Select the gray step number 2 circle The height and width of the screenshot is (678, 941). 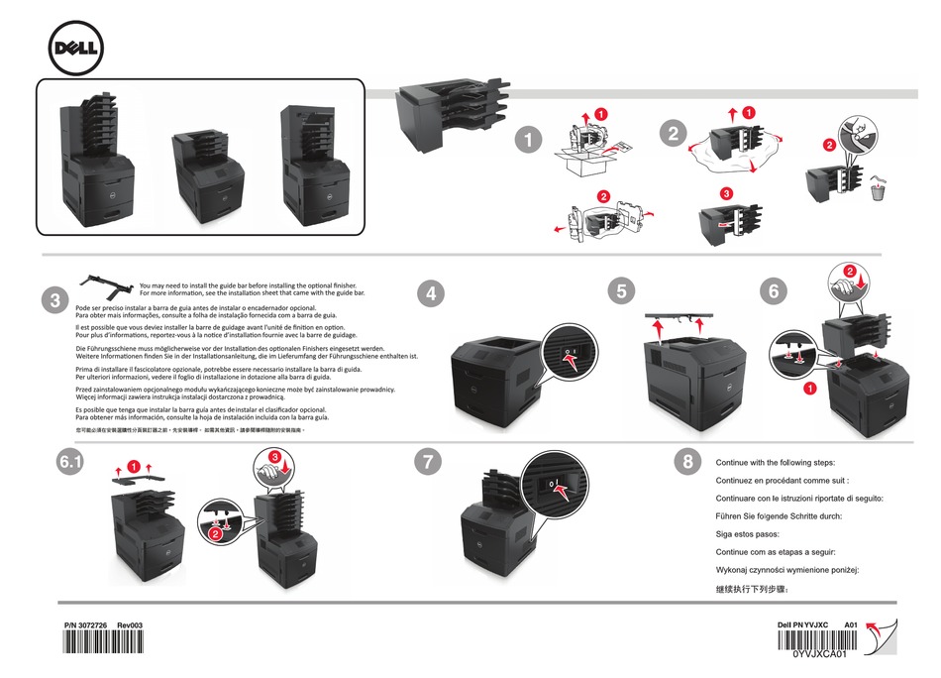click(674, 134)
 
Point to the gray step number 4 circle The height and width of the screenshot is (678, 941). click(429, 292)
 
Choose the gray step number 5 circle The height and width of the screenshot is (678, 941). click(620, 290)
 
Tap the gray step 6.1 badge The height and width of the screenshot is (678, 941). click(72, 461)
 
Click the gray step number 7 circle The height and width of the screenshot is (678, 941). click(426, 461)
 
